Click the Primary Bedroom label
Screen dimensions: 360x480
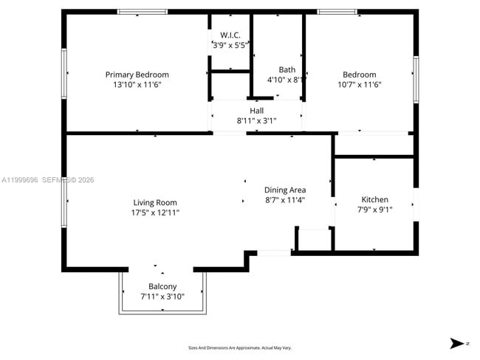coord(137,75)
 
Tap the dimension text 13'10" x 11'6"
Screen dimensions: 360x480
coord(137,85)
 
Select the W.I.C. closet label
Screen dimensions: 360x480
coord(230,35)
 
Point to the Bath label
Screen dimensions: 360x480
coord(287,70)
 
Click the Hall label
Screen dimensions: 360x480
coord(256,111)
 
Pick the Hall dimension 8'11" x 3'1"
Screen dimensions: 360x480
coord(256,120)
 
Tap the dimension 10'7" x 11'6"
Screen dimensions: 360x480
coord(359,85)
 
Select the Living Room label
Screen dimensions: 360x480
coord(155,203)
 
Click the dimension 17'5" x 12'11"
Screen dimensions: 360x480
coord(155,212)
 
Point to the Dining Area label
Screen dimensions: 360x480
coord(285,190)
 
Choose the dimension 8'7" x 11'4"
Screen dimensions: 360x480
coord(285,199)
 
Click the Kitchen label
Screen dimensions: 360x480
coord(374,200)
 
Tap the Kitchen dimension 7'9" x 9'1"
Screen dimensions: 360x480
coord(374,210)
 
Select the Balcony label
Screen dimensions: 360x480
coord(162,287)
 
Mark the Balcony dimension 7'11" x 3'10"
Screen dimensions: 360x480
coord(162,297)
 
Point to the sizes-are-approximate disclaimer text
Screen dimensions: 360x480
coord(240,347)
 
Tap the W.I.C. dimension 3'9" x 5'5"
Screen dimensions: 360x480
coord(230,45)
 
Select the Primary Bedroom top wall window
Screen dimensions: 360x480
coord(142,11)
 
